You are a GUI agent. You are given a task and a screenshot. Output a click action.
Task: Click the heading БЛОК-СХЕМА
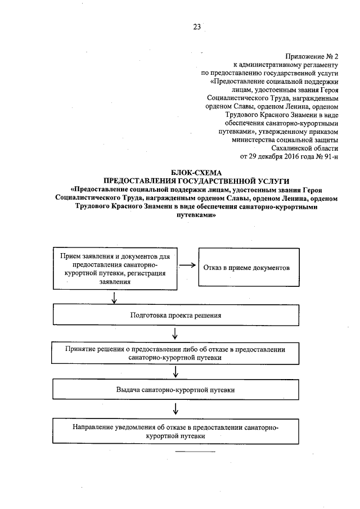[x=197, y=172]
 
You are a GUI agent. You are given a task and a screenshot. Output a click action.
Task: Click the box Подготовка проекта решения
[x=175, y=315]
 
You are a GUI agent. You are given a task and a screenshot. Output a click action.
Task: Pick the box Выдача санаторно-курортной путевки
[x=175, y=389]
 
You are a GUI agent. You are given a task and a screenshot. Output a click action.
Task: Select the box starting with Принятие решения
[x=175, y=353]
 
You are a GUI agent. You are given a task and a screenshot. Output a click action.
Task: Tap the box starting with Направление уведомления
[x=175, y=431]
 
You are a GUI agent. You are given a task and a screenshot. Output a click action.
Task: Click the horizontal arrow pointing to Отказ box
[x=187, y=266]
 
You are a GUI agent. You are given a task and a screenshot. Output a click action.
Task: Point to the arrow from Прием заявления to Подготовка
[x=115, y=297]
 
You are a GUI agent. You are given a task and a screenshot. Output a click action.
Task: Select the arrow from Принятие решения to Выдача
[x=175, y=371]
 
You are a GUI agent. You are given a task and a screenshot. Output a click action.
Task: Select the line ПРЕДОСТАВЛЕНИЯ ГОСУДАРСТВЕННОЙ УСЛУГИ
[x=197, y=180]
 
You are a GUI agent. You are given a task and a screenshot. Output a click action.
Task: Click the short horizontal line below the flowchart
[x=196, y=452]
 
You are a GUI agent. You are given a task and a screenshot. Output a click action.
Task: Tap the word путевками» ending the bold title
[x=197, y=214]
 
